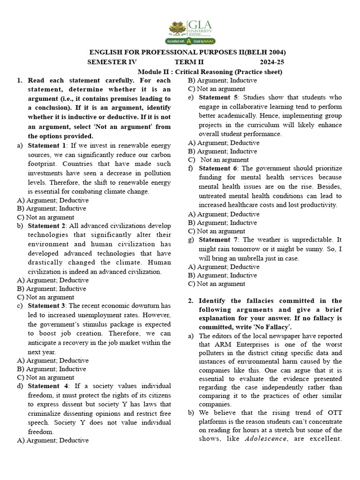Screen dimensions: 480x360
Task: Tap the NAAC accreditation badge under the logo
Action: tap(192, 41)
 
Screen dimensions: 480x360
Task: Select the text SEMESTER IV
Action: tap(112, 62)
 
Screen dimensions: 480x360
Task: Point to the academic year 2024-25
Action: tap(272, 62)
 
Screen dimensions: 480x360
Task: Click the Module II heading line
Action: tap(210, 72)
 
